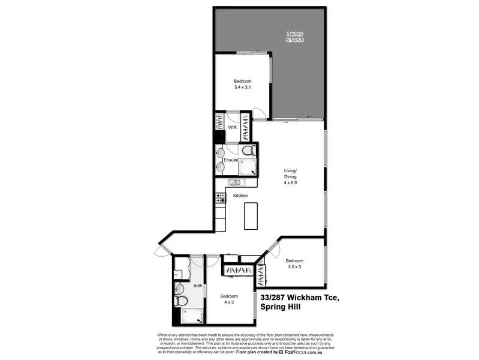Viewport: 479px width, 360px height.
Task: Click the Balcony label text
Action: (x=295, y=36)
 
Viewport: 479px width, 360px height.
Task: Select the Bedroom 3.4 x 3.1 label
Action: (x=243, y=84)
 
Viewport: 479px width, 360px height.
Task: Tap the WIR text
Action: (x=232, y=128)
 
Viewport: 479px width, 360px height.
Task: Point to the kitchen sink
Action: (x=234, y=182)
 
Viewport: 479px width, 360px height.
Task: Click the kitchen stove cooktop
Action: (x=219, y=196)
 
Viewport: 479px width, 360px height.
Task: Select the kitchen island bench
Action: (x=251, y=216)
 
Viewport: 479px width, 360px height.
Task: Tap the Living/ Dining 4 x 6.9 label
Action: (x=290, y=177)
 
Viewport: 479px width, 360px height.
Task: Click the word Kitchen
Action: (x=240, y=196)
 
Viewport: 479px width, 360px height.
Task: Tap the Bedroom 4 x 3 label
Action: (x=229, y=299)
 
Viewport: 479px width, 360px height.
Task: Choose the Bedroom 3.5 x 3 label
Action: (x=294, y=263)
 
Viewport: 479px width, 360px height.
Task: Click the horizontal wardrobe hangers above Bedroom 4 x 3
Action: (x=237, y=271)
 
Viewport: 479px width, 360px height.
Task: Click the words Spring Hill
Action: (x=281, y=307)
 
